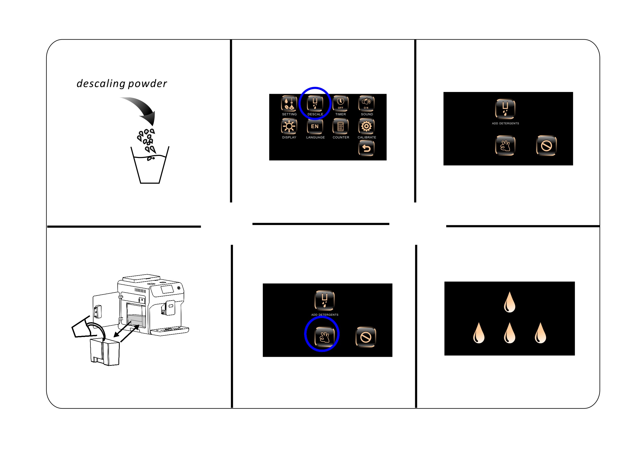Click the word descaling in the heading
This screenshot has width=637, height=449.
(x=101, y=83)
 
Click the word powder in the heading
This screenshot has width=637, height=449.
(x=148, y=84)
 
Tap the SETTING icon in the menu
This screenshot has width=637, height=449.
(x=289, y=103)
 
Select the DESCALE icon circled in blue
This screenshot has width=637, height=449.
(x=315, y=103)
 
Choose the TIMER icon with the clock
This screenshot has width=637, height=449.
(x=340, y=103)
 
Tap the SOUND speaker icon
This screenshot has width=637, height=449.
(x=367, y=103)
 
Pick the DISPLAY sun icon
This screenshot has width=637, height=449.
(x=289, y=127)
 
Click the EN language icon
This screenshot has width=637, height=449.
(x=315, y=127)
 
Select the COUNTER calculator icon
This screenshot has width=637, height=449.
(x=340, y=127)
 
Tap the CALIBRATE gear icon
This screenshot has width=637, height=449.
(x=367, y=127)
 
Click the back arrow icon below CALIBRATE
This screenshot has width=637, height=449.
(x=367, y=148)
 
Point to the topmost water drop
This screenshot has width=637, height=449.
(x=509, y=302)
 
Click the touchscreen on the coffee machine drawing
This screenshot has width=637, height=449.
(x=167, y=289)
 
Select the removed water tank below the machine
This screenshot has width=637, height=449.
(x=105, y=352)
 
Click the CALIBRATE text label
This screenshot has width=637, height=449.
(x=367, y=137)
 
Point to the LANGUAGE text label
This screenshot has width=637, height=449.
(x=315, y=137)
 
